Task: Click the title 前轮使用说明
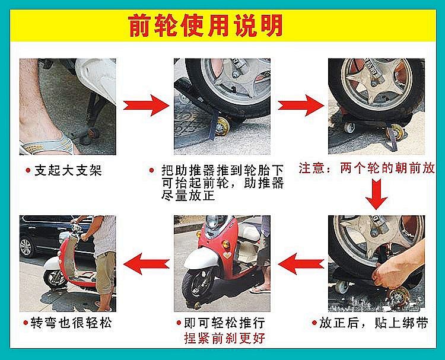[205, 26]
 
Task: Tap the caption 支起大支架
[68, 170]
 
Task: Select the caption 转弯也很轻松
[71, 323]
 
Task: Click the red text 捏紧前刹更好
[225, 338]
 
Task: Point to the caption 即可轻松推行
[224, 323]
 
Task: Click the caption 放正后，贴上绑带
[373, 323]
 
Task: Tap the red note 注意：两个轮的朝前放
[367, 168]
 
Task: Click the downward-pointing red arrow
[376, 194]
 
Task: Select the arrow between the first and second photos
[146, 105]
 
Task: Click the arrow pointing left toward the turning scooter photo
[147, 263]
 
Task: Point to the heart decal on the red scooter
[227, 255]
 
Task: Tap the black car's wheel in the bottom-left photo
[27, 247]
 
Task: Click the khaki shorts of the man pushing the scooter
[106, 272]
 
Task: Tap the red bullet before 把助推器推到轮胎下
[152, 170]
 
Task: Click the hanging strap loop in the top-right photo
[393, 139]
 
